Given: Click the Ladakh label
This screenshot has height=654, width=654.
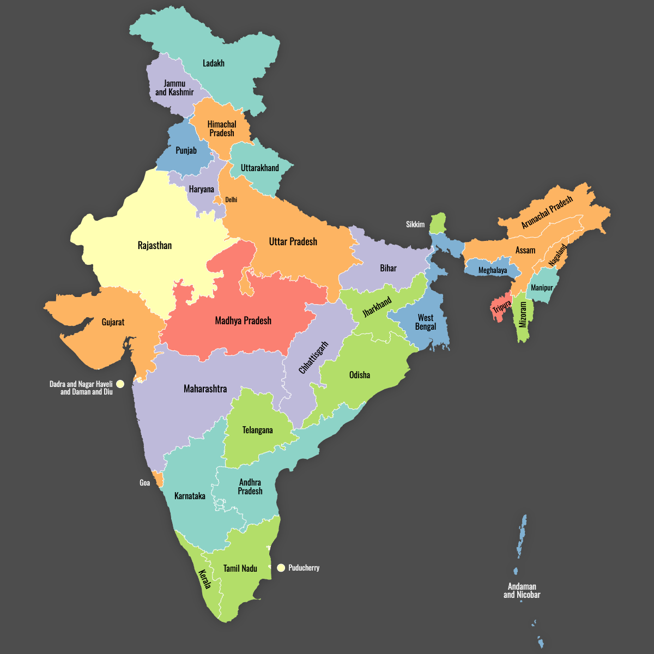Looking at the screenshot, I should [213, 63].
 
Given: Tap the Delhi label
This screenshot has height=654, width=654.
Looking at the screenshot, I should [231, 200].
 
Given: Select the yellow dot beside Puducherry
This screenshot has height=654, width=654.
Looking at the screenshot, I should [281, 568].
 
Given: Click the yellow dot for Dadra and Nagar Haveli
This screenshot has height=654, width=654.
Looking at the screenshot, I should [120, 384].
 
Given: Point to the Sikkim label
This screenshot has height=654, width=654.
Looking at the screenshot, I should [415, 225].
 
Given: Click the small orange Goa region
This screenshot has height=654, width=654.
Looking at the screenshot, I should [159, 480].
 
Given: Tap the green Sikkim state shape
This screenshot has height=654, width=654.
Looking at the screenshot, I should [437, 222].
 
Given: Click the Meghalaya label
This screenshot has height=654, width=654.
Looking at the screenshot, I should [492, 270].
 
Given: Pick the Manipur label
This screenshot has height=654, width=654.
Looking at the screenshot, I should [542, 288].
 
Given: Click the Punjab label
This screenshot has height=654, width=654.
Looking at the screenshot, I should [186, 150].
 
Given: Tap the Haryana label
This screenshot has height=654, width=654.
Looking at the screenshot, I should [201, 190].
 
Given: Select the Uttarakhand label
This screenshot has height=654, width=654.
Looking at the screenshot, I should [259, 168].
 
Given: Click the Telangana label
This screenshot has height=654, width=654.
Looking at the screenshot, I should [257, 430].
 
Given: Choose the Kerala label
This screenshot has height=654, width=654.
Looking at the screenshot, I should [204, 579].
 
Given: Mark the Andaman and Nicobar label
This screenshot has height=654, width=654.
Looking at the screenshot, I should [522, 591].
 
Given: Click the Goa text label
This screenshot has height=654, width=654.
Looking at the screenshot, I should [144, 483].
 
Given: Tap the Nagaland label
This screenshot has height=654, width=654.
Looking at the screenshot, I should [558, 255].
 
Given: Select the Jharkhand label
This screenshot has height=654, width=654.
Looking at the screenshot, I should [377, 307].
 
